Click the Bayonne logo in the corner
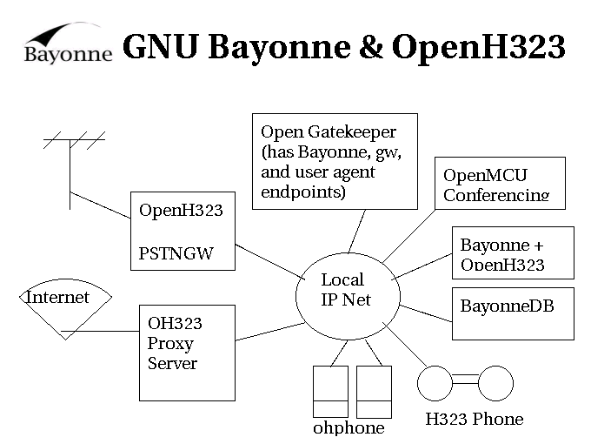coord(68,44)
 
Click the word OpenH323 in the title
coord(479,48)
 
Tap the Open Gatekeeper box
coord(335,161)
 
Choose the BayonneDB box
coord(513,313)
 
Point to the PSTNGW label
coord(176,254)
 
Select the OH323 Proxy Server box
coord(187,352)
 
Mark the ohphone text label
coord(349,428)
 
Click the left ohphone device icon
coord(330,392)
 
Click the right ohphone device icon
coord(374,392)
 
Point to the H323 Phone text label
coord(475,420)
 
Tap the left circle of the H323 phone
coord(435,382)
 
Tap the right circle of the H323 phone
coord(496,382)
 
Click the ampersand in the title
coord(369,48)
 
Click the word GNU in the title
coord(162,48)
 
